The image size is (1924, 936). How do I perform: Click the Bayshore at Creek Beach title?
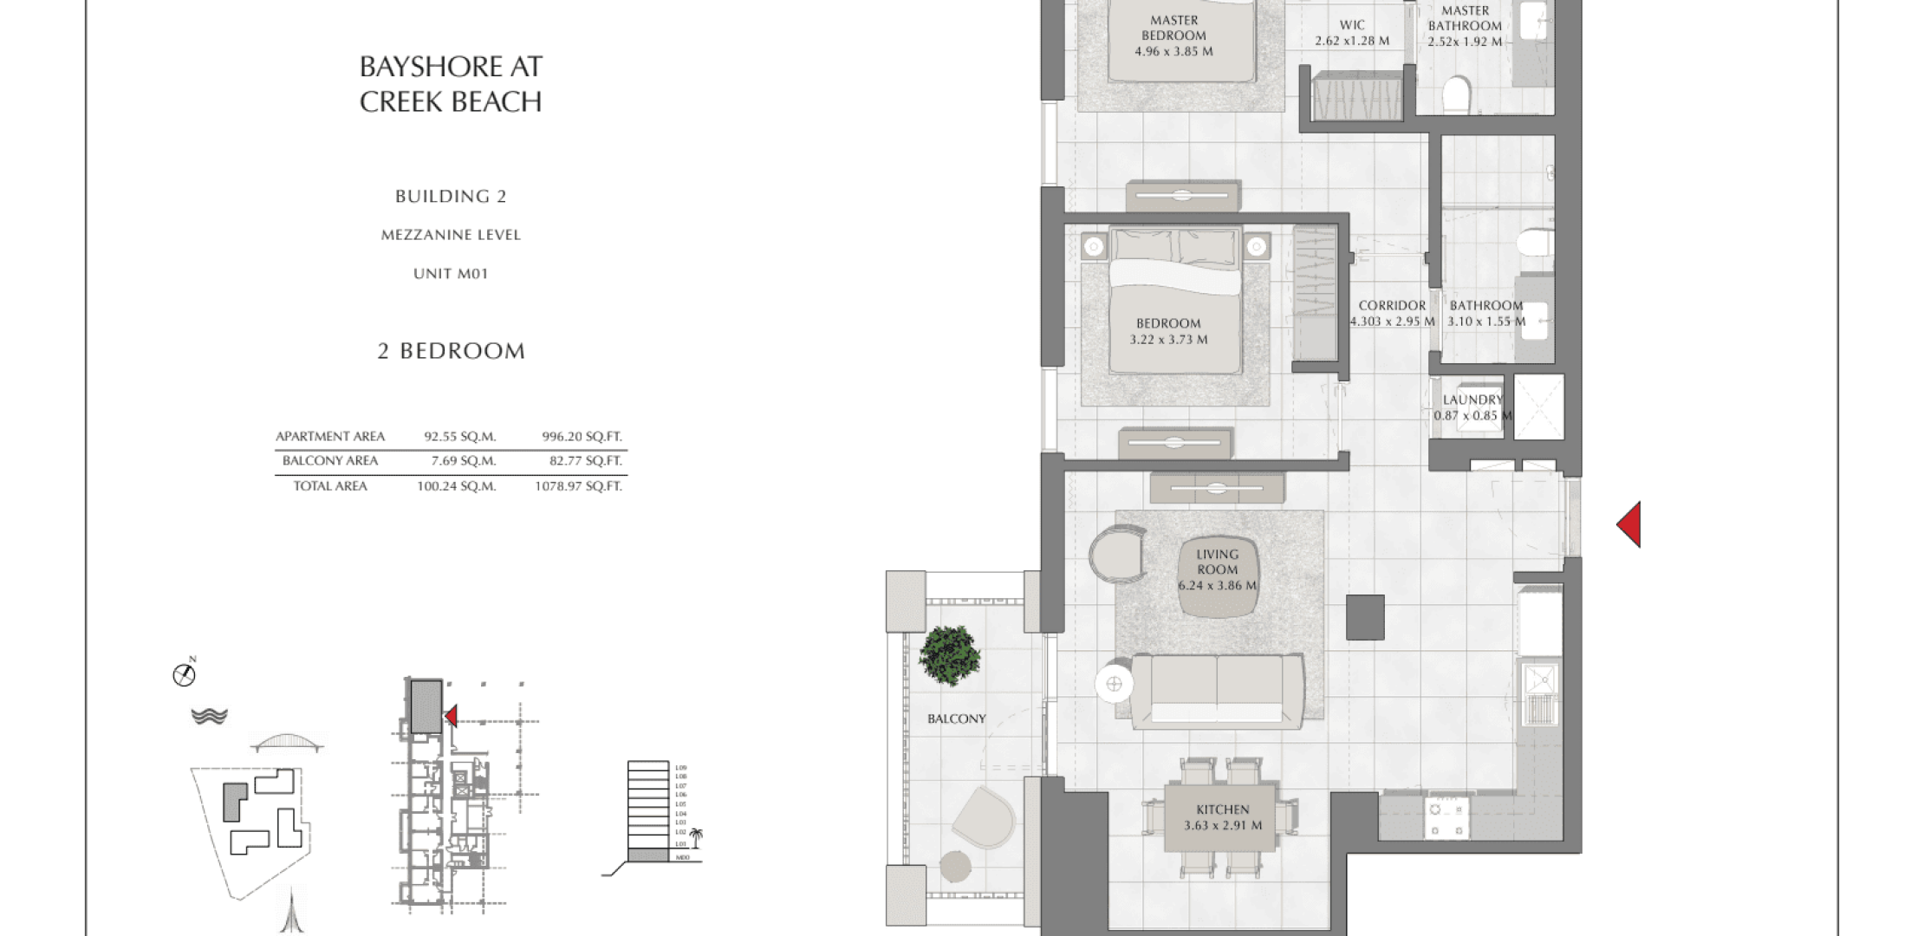[451, 84]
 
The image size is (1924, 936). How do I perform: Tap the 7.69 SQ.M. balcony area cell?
[463, 461]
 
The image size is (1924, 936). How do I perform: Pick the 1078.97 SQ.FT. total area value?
[578, 486]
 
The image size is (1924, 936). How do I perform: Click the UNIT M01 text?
[451, 274]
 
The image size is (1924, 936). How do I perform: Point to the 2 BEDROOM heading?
[452, 351]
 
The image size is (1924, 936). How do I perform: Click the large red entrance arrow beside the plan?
[1629, 524]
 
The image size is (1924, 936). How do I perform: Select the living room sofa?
[1217, 690]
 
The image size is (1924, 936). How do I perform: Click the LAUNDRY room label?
[1472, 400]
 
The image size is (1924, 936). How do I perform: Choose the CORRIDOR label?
[1392, 306]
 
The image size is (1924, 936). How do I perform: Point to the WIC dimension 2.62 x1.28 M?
[1351, 41]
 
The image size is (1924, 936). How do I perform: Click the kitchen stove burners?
[1447, 819]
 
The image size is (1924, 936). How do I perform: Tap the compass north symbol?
[184, 674]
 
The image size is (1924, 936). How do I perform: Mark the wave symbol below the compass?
[209, 716]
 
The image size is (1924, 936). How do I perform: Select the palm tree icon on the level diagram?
[696, 837]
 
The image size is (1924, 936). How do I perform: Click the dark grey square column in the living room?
[1365, 617]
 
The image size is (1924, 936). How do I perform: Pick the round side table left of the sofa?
[1115, 685]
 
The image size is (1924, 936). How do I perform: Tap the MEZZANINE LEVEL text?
[451, 235]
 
